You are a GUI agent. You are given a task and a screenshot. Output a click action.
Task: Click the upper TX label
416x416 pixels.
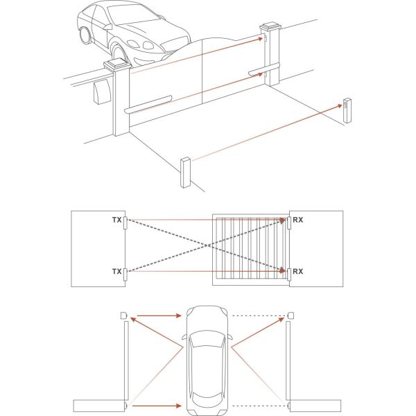click(x=116, y=219)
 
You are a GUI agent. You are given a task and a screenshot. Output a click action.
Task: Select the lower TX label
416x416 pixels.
click(x=116, y=271)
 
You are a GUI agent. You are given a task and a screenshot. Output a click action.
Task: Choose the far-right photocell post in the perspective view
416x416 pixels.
click(x=346, y=112)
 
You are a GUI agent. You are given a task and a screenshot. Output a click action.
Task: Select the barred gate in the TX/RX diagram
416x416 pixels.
click(x=250, y=248)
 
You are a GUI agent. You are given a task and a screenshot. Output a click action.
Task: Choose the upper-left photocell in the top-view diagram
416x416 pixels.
click(x=123, y=315)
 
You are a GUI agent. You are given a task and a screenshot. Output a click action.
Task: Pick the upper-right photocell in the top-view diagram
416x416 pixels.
click(x=290, y=315)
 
